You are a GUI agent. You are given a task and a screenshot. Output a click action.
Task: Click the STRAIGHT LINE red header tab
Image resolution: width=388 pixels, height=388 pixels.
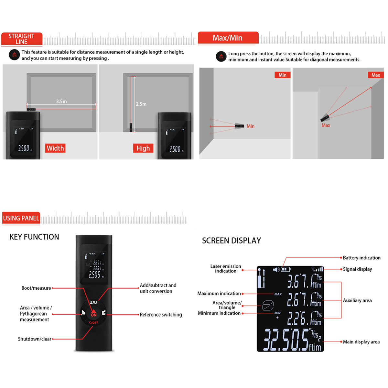click(22, 39)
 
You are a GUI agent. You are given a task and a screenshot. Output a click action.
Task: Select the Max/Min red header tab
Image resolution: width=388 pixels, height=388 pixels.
click(228, 38)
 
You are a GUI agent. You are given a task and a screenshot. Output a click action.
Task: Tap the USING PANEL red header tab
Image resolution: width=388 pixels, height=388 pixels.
click(21, 218)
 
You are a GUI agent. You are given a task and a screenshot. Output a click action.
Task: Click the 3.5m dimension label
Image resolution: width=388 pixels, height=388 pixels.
click(61, 102)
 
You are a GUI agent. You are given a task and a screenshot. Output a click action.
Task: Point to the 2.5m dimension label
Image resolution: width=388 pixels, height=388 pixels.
click(141, 104)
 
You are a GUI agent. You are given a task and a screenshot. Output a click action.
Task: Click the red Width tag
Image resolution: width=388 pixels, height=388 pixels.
click(55, 148)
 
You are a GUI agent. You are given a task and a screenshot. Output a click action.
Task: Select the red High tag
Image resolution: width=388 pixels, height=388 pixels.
click(143, 148)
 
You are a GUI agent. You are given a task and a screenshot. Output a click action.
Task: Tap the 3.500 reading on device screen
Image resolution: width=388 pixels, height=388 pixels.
click(24, 148)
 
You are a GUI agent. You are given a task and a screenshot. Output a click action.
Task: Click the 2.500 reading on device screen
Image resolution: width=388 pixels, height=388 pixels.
click(175, 149)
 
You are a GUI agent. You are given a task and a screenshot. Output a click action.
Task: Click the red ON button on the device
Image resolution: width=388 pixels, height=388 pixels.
click(93, 314)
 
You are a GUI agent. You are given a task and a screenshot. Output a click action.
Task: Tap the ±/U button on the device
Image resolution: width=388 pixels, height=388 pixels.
click(93, 302)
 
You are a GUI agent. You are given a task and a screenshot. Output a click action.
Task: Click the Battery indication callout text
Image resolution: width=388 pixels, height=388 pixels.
click(361, 258)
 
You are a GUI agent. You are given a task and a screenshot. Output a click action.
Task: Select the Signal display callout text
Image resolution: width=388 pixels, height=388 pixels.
click(357, 269)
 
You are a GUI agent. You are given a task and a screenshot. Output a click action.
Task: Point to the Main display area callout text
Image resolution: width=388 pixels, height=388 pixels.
click(361, 342)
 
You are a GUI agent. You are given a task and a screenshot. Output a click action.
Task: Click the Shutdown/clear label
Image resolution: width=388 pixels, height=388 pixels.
click(35, 339)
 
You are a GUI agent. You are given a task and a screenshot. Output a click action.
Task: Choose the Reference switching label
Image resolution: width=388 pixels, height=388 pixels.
click(161, 315)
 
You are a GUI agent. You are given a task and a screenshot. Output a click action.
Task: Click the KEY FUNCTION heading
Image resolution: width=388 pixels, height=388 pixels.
click(34, 237)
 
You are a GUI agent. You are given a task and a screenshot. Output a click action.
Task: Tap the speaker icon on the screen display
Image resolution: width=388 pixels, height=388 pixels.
click(276, 269)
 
